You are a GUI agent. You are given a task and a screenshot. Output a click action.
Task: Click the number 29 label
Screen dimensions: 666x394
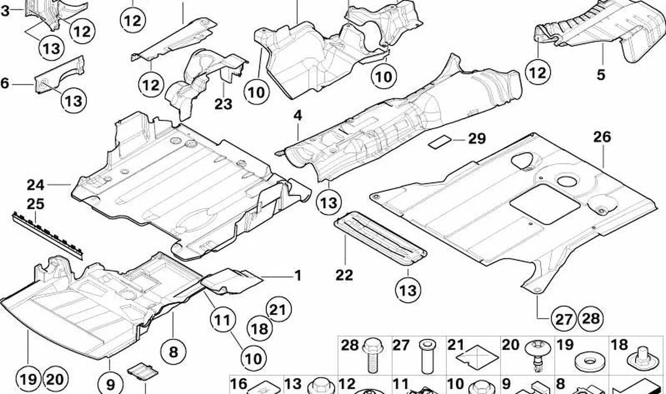(477, 139)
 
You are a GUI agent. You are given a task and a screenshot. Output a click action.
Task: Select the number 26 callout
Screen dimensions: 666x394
(602, 137)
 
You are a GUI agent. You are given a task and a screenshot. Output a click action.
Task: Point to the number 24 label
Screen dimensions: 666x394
(36, 185)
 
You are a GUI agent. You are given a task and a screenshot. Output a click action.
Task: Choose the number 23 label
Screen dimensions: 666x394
(223, 104)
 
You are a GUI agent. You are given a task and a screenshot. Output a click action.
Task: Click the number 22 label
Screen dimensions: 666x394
(344, 275)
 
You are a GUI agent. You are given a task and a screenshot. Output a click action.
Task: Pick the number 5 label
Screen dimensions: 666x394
(601, 75)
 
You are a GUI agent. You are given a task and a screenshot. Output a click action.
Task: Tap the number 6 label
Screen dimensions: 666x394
(5, 83)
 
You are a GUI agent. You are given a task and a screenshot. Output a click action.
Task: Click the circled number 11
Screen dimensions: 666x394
(223, 320)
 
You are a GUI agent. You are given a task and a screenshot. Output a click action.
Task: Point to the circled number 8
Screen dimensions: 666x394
(173, 352)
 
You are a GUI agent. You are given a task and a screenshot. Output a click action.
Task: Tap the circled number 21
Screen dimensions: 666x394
(278, 309)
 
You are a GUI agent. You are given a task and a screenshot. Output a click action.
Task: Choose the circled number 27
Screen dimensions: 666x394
(564, 319)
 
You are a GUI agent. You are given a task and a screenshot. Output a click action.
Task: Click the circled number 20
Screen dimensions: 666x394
(55, 379)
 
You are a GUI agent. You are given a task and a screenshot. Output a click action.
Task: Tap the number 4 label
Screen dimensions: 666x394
(298, 116)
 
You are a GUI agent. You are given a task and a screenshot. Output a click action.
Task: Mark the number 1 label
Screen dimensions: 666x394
(298, 275)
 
